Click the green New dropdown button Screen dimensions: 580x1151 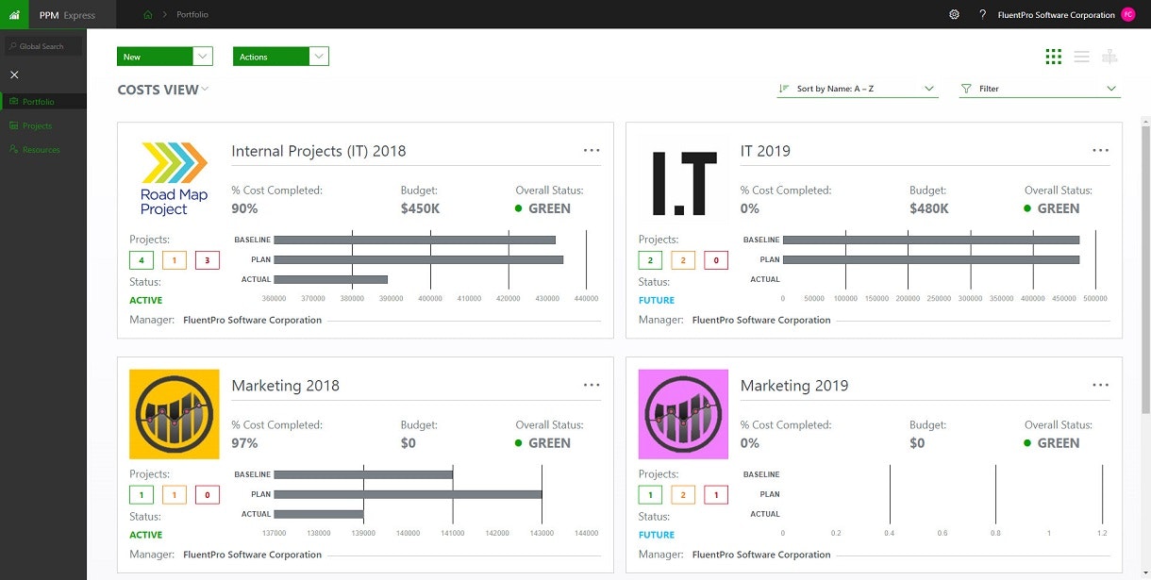click(164, 57)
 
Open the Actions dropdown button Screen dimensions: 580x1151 click(280, 57)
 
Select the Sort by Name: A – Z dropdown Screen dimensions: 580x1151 click(858, 89)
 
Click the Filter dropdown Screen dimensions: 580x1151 click(1039, 89)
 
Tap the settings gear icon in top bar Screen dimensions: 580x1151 click(954, 14)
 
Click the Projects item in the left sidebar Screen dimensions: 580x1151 click(37, 125)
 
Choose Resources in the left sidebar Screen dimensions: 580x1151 click(41, 150)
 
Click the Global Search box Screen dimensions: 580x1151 click(44, 46)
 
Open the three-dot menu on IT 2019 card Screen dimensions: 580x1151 click(1100, 151)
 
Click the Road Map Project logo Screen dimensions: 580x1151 click(174, 179)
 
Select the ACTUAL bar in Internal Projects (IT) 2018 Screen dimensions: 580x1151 click(330, 279)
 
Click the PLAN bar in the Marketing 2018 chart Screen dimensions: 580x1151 click(408, 494)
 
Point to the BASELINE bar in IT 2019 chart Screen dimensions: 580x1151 click(930, 240)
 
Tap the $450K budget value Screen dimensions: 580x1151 click(420, 208)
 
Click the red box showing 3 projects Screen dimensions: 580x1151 click(207, 260)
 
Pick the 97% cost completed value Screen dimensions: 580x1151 click(244, 443)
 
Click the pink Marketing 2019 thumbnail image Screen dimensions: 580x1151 click(683, 414)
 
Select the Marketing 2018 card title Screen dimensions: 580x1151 click(285, 386)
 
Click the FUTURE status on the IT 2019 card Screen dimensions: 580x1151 click(657, 300)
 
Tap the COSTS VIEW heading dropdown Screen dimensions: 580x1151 click(162, 90)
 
